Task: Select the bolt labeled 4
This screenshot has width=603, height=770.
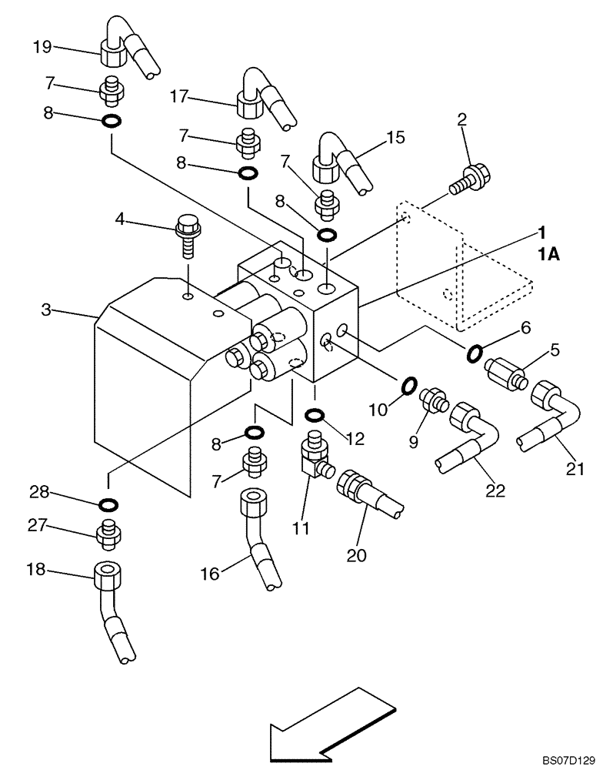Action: (x=187, y=234)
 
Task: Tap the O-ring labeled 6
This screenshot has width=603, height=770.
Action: (x=475, y=353)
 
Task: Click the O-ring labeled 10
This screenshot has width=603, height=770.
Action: (x=408, y=383)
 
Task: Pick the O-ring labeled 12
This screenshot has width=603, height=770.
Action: (x=315, y=417)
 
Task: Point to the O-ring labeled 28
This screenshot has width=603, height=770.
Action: (x=108, y=505)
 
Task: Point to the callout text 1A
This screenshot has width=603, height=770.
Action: (x=548, y=254)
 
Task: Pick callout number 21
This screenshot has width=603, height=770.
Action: (x=576, y=467)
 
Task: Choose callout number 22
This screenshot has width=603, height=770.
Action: (x=495, y=490)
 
